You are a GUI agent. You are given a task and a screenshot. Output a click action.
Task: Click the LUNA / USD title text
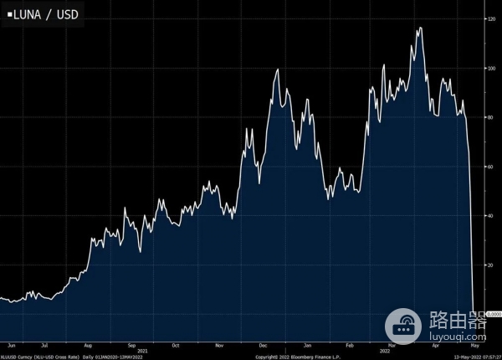(x=43, y=13)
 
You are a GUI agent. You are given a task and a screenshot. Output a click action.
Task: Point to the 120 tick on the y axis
(x=491, y=18)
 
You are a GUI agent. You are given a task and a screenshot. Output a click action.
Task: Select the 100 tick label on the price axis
(x=491, y=68)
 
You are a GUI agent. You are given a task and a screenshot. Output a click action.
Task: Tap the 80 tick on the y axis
(x=490, y=117)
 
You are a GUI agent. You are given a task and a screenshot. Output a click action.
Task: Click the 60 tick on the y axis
(x=490, y=167)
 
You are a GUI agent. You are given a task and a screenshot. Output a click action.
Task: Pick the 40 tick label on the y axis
(x=490, y=215)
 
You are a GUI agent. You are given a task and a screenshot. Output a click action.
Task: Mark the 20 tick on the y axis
(x=490, y=265)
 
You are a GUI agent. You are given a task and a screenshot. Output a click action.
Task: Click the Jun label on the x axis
(x=11, y=344)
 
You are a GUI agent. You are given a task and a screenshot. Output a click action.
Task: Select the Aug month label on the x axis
(x=89, y=344)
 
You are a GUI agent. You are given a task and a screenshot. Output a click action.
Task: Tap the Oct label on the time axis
(x=175, y=344)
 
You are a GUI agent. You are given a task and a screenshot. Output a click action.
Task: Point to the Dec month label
(x=264, y=344)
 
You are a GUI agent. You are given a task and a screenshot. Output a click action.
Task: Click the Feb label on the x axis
(x=350, y=344)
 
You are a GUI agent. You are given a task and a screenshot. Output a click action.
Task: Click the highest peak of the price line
(x=419, y=28)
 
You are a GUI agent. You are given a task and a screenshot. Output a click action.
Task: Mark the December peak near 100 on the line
(x=277, y=69)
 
